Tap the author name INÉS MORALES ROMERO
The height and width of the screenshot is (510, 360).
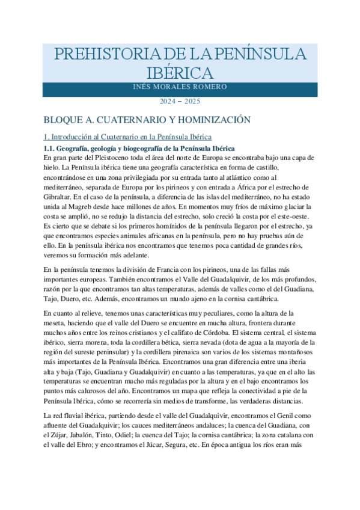(x=180, y=87)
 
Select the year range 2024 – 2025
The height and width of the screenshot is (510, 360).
(x=180, y=102)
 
